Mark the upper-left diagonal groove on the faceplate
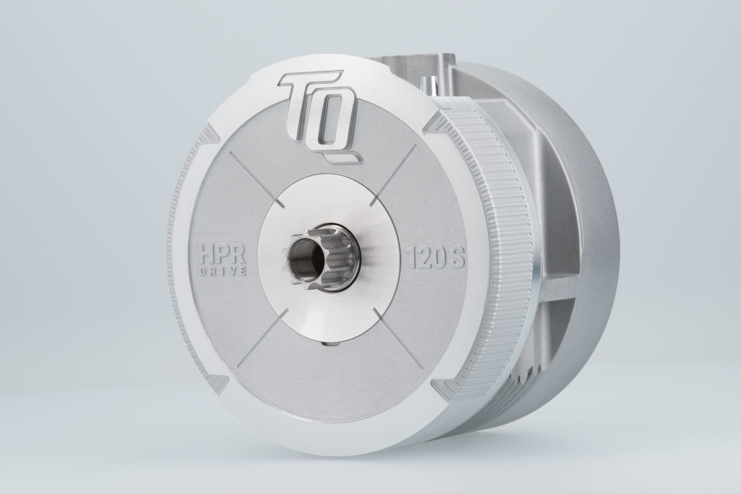click(x=257, y=179)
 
